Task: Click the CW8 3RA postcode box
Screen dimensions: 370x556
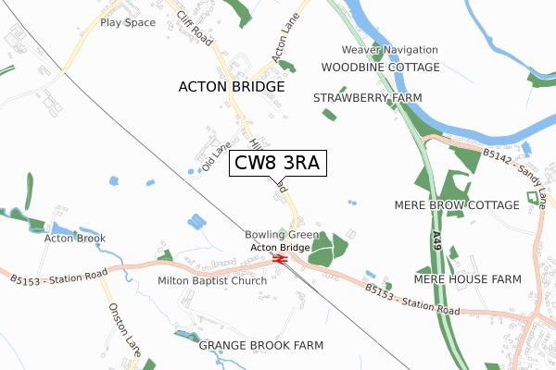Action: pyautogui.click(x=276, y=164)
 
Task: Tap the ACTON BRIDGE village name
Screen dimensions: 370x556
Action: pyautogui.click(x=231, y=86)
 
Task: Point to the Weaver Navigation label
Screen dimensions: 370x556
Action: pyautogui.click(x=389, y=49)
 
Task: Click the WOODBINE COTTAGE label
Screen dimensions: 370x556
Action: pyautogui.click(x=380, y=68)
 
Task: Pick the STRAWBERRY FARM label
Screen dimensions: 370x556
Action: pyautogui.click(x=367, y=97)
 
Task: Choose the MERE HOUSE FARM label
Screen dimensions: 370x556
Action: pyautogui.click(x=467, y=278)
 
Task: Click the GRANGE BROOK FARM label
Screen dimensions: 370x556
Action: pyautogui.click(x=261, y=345)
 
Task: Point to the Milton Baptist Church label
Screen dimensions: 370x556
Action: pyautogui.click(x=212, y=280)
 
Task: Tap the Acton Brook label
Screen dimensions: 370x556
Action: pyautogui.click(x=75, y=238)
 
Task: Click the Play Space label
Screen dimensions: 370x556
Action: pyautogui.click(x=128, y=21)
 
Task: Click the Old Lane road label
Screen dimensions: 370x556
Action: pyautogui.click(x=215, y=156)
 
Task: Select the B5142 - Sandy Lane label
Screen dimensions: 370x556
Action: pyautogui.click(x=512, y=165)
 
